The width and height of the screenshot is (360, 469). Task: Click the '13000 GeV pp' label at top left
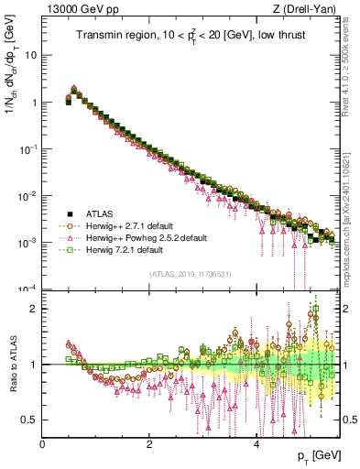(x=75, y=10)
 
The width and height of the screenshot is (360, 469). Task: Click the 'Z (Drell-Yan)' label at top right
(x=311, y=10)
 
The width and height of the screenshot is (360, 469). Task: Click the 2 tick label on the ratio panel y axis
(x=35, y=309)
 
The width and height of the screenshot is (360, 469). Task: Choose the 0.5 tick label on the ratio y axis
(x=31, y=420)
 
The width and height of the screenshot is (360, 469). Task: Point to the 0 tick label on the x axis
(x=42, y=444)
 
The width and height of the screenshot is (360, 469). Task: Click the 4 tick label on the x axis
(x=256, y=444)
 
